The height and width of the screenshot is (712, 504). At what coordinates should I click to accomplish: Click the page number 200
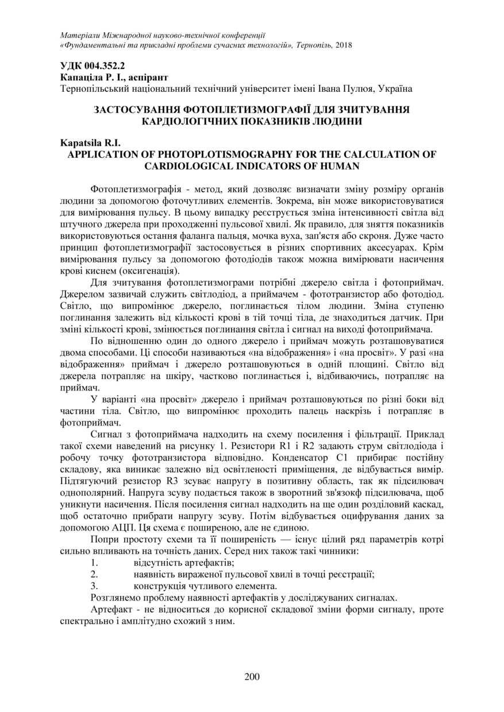tap(252, 676)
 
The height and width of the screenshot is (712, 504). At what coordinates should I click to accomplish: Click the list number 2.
tap(95, 574)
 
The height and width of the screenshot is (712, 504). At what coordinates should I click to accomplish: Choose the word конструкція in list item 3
tap(158, 586)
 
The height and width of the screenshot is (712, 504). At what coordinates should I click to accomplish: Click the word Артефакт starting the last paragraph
tap(111, 609)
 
